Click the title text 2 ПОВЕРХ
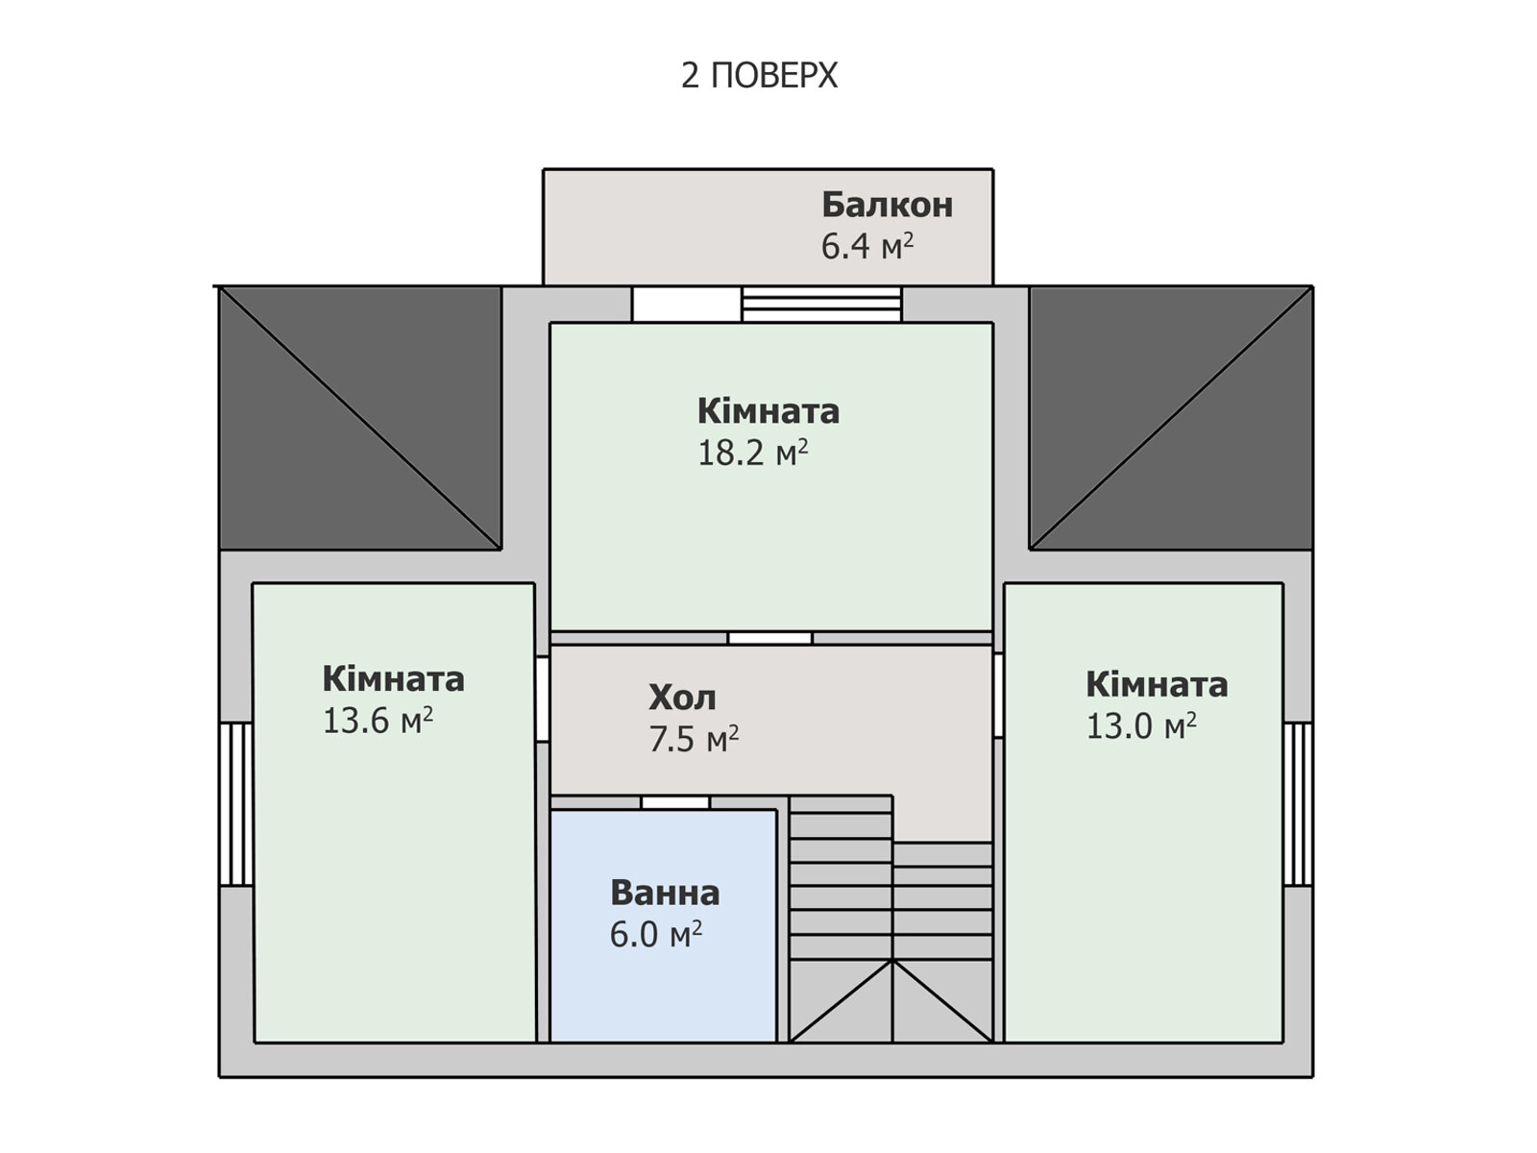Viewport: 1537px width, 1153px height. click(x=759, y=75)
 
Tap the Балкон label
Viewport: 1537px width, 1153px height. click(x=888, y=205)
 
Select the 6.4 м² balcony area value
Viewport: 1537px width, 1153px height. click(x=866, y=246)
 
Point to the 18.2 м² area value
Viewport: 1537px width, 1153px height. click(x=753, y=453)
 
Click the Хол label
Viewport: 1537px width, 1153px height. click(x=682, y=698)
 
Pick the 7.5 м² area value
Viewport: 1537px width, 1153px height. click(x=694, y=739)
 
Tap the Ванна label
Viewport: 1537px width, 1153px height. click(x=665, y=893)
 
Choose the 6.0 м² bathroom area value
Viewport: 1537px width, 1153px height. click(x=655, y=934)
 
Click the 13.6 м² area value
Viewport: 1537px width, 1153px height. click(x=378, y=721)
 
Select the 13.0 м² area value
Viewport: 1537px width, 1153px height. click(x=1140, y=726)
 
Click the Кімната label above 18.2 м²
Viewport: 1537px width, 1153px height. click(x=768, y=411)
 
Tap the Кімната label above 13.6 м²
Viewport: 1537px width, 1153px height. click(x=393, y=679)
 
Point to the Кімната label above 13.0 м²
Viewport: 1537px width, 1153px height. click(x=1157, y=685)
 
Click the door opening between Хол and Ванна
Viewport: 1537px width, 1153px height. click(x=675, y=802)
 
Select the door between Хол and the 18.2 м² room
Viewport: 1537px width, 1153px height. click(x=769, y=638)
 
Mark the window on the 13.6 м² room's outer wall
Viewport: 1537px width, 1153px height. click(x=236, y=804)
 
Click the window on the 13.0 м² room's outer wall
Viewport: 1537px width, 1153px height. click(x=1298, y=804)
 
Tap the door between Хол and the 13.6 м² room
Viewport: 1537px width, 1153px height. click(x=542, y=699)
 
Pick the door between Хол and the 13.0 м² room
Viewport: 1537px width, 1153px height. click(x=998, y=695)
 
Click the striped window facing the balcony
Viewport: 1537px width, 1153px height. click(x=821, y=304)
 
